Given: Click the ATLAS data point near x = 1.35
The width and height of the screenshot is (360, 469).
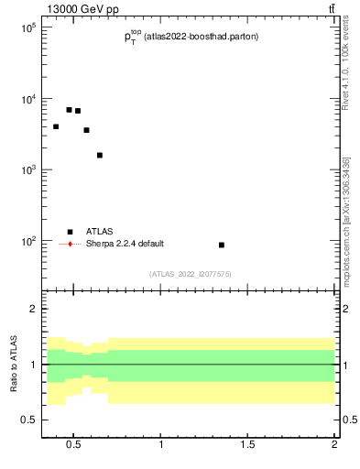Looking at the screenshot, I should (x=222, y=245).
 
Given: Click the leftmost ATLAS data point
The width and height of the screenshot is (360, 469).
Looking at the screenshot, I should (x=56, y=126).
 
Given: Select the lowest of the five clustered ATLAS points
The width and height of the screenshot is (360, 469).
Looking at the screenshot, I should (x=100, y=155).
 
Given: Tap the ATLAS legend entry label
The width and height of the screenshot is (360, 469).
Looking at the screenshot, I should (x=100, y=232).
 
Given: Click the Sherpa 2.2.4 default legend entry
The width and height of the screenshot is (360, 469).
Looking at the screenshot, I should (x=124, y=244).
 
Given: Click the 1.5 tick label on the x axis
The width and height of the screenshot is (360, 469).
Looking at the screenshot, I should (x=248, y=446).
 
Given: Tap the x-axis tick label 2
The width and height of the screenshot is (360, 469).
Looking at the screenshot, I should (x=334, y=446).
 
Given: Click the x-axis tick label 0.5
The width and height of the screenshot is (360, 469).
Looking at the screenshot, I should (x=74, y=446).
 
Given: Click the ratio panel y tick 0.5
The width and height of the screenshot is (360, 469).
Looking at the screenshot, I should (x=27, y=420).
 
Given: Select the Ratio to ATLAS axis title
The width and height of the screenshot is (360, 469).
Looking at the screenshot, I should (x=13, y=365).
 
